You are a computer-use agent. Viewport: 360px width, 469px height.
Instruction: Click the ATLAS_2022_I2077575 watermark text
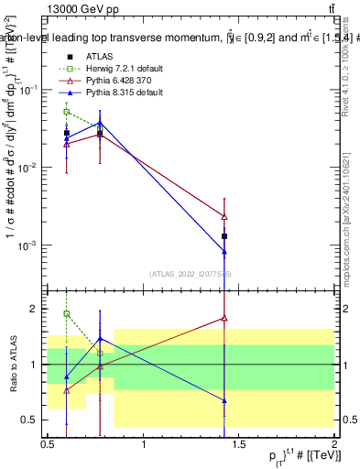pyautogui.click(x=191, y=273)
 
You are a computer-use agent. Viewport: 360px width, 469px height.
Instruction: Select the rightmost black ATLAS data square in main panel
pyautogui.click(x=224, y=236)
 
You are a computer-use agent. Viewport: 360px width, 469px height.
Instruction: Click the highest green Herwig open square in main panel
pyautogui.click(x=67, y=112)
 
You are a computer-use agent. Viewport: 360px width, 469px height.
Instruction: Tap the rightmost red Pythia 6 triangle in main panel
pyautogui.click(x=224, y=216)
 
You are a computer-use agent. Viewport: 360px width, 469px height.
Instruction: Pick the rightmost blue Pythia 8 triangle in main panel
pyautogui.click(x=224, y=252)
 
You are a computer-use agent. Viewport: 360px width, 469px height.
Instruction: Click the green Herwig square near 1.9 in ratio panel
pyautogui.click(x=67, y=314)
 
